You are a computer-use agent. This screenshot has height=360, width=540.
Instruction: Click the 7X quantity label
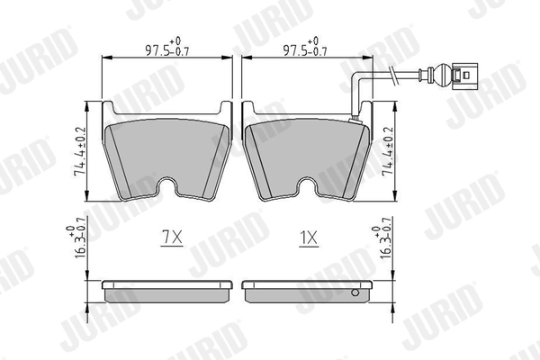[171, 238]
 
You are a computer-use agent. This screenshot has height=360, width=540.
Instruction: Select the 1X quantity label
[310, 238]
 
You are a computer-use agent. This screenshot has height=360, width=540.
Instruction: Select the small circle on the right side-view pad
[355, 291]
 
